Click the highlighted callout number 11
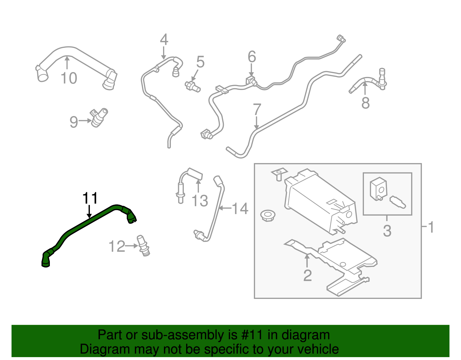[90, 198]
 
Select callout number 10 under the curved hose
[69, 78]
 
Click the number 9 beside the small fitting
[74, 122]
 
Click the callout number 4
[164, 40]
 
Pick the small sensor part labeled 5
[192, 86]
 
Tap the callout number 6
[252, 57]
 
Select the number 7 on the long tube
[257, 110]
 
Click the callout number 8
[365, 103]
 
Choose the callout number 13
[200, 201]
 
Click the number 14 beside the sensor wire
[240, 209]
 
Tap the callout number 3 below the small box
[387, 231]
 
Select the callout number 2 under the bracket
[307, 276]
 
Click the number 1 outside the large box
[431, 227]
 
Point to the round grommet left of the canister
[267, 215]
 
